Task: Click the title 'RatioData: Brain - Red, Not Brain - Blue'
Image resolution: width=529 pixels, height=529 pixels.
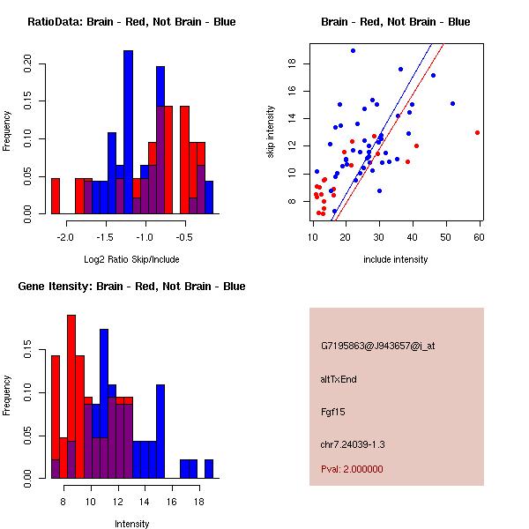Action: coord(130,22)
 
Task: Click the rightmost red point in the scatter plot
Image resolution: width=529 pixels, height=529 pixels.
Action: coord(477,132)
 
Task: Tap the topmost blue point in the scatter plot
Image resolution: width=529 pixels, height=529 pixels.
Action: coord(352,50)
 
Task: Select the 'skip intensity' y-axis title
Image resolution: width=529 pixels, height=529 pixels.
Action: coord(272,132)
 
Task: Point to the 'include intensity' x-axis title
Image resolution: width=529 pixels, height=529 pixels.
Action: coord(395,259)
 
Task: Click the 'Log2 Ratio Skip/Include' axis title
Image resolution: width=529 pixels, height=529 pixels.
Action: coord(130,259)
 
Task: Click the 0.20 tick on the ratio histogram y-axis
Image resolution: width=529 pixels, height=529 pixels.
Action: coord(28,63)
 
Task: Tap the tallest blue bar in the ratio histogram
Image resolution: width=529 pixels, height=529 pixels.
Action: coord(128,132)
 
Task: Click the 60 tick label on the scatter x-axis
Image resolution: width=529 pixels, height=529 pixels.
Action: coord(479,237)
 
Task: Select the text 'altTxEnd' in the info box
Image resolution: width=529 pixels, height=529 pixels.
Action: coord(339,379)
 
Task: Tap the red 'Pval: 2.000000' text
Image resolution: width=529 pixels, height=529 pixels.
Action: coord(352,469)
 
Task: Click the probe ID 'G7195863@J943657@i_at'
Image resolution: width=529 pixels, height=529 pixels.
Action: coord(377,346)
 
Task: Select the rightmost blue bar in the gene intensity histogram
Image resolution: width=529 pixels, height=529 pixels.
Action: coord(209,468)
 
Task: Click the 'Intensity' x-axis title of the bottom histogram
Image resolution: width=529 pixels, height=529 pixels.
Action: coord(132,524)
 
